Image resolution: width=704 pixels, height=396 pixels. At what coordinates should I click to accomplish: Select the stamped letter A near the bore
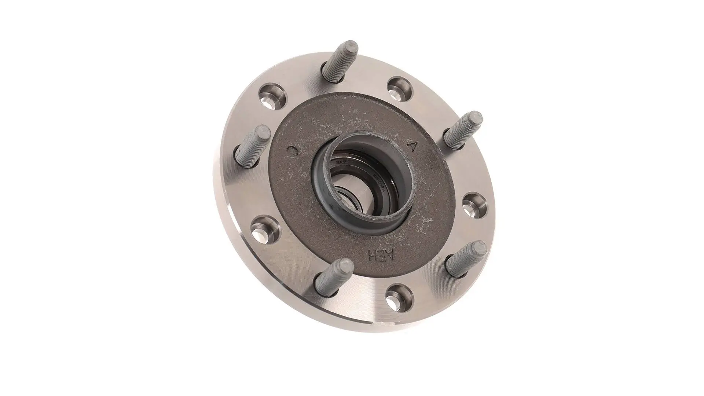(x=412, y=146)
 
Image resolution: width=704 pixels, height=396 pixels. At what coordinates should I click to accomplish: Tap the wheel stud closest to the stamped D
(x=253, y=143)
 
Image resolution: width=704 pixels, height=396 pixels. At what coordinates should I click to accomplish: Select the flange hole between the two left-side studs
(x=264, y=229)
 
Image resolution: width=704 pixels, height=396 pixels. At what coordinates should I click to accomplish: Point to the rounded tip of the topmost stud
(x=351, y=47)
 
